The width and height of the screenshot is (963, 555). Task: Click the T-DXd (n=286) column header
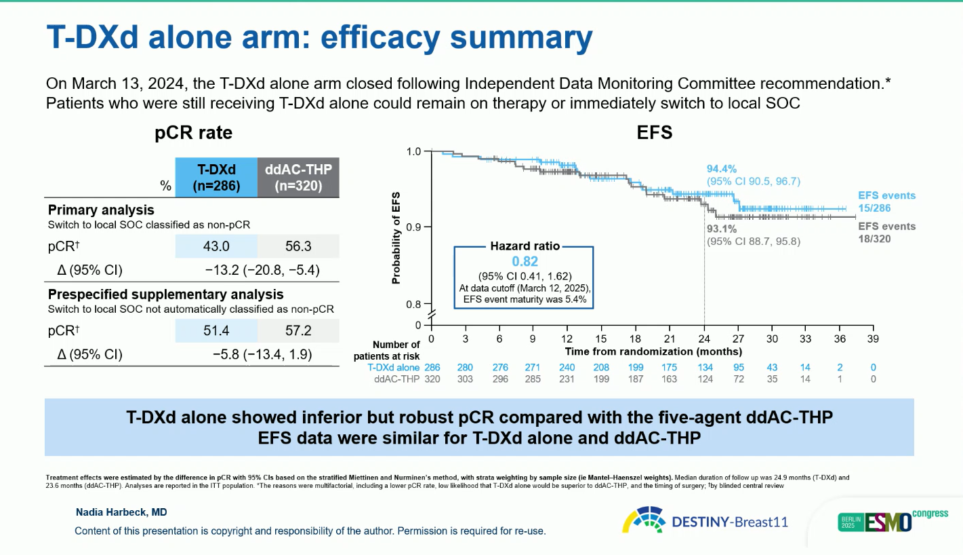coord(217,177)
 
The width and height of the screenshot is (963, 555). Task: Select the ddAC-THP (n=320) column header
coord(298,177)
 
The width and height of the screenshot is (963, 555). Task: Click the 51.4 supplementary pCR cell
coord(217,331)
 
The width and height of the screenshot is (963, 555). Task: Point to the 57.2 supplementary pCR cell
coord(298,331)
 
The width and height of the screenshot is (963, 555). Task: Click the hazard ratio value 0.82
coord(525,261)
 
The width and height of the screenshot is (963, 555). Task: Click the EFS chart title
coord(655,133)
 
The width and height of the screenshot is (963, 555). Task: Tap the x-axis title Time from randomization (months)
coord(653,351)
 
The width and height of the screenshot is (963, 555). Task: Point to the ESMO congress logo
coord(892,521)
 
